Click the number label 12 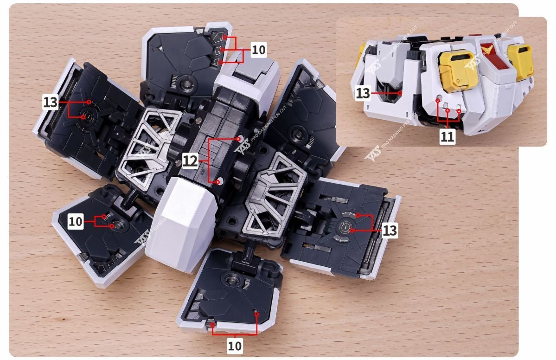[190, 161]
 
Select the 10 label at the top [258, 50]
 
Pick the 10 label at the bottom [235, 345]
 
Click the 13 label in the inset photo [363, 93]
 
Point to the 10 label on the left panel [76, 222]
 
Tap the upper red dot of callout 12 [239, 138]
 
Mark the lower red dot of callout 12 [218, 182]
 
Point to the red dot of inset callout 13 [401, 93]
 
